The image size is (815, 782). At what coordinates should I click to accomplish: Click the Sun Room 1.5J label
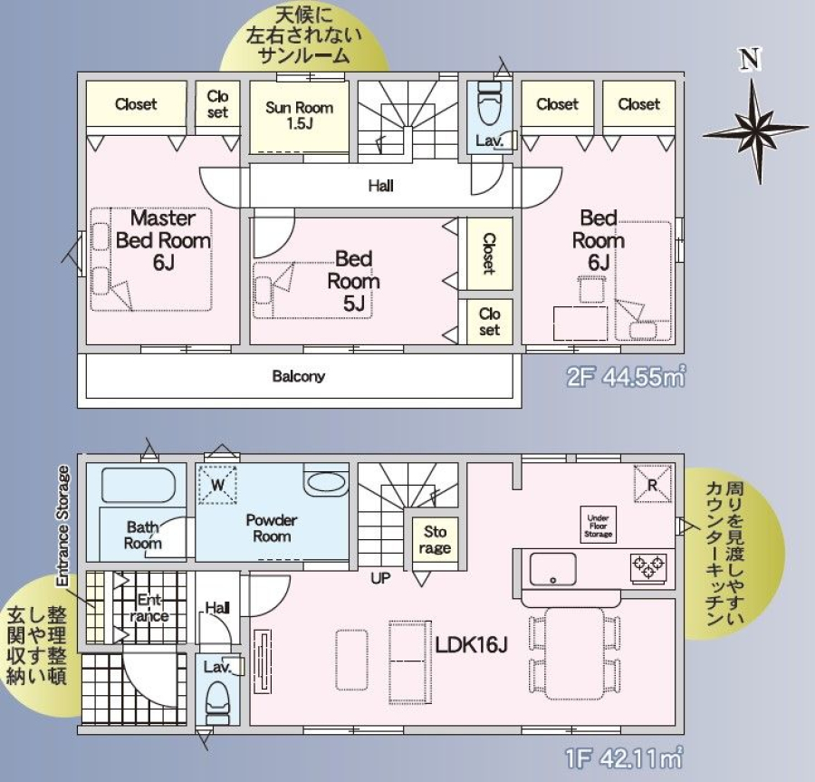pyautogui.click(x=299, y=115)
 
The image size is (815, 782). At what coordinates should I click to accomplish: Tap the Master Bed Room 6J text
pyautogui.click(x=163, y=240)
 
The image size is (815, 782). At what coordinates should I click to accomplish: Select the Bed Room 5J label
pyautogui.click(x=353, y=281)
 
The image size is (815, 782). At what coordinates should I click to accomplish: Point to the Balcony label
pyautogui.click(x=298, y=376)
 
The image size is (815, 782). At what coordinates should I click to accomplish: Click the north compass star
pyautogui.click(x=756, y=131)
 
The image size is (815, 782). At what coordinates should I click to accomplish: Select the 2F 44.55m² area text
pyautogui.click(x=626, y=376)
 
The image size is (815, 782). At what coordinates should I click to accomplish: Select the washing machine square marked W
pyautogui.click(x=217, y=485)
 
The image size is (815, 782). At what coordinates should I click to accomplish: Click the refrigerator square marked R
pyautogui.click(x=652, y=484)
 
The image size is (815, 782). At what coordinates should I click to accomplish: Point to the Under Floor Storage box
pyautogui.click(x=599, y=526)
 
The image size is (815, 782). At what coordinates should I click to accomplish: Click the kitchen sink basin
pyautogui.click(x=552, y=569)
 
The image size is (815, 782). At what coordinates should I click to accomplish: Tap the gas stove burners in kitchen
pyautogui.click(x=648, y=566)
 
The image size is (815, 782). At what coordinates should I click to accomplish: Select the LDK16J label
pyautogui.click(x=471, y=645)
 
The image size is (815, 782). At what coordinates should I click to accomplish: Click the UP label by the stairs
pyautogui.click(x=380, y=577)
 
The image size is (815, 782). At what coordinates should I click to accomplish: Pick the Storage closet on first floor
pyautogui.click(x=435, y=540)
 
